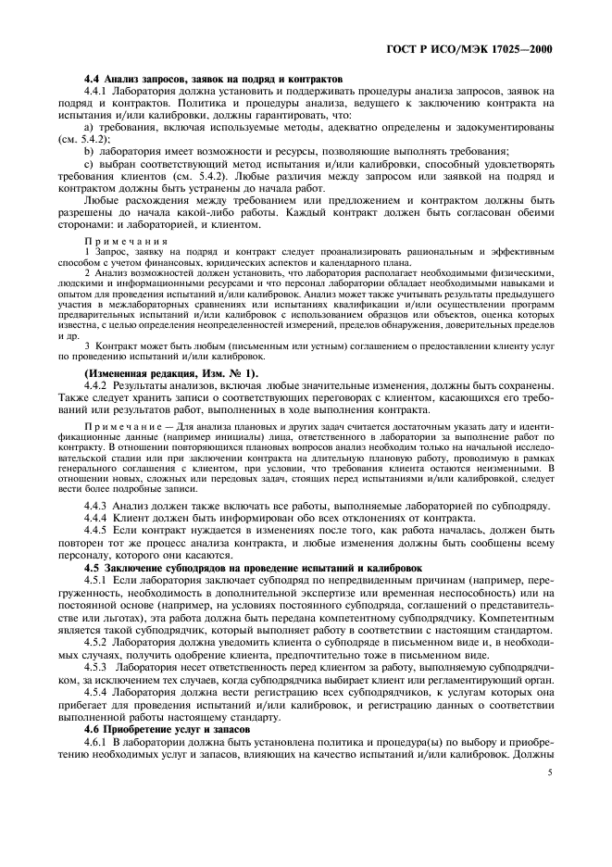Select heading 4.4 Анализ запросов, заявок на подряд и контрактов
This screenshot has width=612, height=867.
pyautogui.click(x=214, y=79)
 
